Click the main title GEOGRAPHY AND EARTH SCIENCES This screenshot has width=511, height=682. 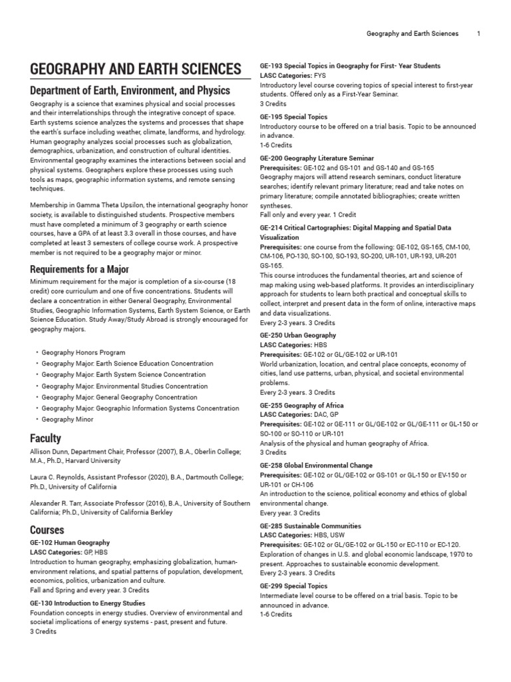point(135,69)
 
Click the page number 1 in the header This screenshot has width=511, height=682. point(478,33)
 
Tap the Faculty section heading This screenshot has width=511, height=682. point(45,438)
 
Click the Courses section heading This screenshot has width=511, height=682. point(47,530)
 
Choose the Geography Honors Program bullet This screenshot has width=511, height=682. point(83,352)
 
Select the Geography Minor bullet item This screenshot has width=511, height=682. point(67,420)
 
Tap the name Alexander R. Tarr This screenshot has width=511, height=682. point(58,504)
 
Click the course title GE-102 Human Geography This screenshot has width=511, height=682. point(70,543)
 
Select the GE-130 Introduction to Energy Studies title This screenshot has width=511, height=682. point(88,602)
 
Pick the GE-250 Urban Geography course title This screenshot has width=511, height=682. point(297,335)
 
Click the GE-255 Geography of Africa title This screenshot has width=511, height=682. point(301,405)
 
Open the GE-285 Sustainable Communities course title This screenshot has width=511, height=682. point(310,525)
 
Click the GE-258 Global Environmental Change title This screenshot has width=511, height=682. point(316,465)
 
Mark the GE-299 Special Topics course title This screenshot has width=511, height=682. point(293,585)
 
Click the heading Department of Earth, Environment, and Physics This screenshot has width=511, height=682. point(130,90)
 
